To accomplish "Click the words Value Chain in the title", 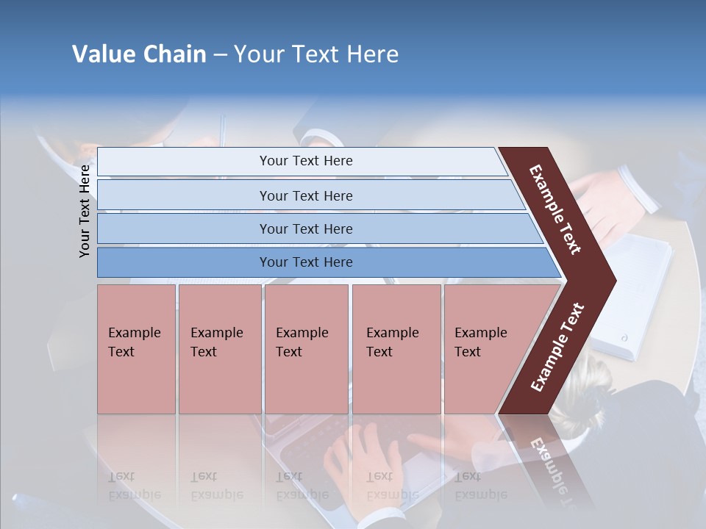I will [139, 54].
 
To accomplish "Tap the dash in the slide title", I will [220, 55].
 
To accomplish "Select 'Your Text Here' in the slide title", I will [316, 54].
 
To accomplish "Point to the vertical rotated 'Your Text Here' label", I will [85, 211].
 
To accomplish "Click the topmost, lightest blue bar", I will [305, 161].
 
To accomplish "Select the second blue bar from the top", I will [305, 195].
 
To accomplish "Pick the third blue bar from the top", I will [305, 228].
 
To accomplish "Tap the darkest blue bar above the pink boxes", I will [305, 262].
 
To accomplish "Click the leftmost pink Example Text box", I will [136, 349].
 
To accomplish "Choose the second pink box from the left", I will [219, 349].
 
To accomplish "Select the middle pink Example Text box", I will [306, 349].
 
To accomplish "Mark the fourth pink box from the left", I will [396, 349].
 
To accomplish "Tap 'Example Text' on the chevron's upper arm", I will [555, 209].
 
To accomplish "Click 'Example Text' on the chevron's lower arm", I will [557, 348].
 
